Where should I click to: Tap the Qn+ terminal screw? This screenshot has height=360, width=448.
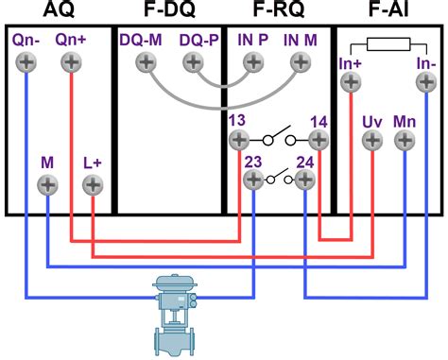(x=71, y=63)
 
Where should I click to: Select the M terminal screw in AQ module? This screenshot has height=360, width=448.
(x=47, y=184)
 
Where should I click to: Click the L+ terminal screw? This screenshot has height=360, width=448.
(x=92, y=184)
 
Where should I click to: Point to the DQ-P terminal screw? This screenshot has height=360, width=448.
(x=194, y=63)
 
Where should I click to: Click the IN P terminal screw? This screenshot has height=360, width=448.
(x=253, y=63)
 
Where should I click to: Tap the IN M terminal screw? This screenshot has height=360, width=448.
(x=302, y=63)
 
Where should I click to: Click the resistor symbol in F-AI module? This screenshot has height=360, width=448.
(x=388, y=43)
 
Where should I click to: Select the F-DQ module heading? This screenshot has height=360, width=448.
(x=168, y=11)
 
